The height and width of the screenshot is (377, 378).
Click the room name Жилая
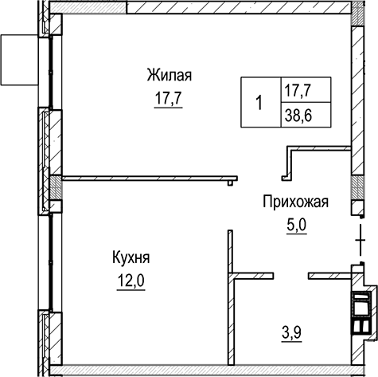point(169,76)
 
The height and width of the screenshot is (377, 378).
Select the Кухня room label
point(131,258)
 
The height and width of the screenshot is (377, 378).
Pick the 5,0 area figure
point(296,224)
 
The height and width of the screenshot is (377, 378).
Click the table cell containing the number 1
point(259,103)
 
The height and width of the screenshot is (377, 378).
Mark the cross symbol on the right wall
point(360,238)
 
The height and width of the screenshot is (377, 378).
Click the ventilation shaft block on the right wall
point(361,314)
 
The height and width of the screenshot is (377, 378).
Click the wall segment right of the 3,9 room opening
point(329,275)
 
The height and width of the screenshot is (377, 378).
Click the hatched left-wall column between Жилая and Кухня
point(56,187)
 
